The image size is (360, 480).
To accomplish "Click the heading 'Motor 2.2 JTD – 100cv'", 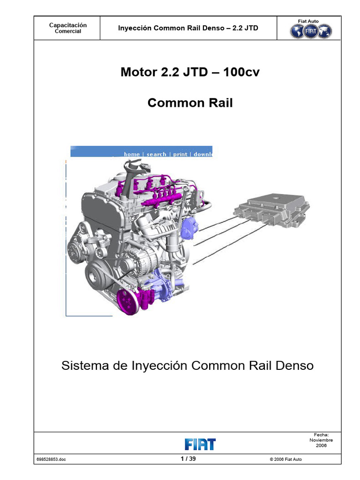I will [x=190, y=72].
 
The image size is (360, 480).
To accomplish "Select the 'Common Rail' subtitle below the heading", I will [x=190, y=103].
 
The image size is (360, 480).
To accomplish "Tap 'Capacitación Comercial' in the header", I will [x=68, y=28].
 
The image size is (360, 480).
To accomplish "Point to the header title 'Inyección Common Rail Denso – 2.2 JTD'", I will [x=187, y=28].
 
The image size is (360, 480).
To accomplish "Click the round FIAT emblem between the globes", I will [x=311, y=31].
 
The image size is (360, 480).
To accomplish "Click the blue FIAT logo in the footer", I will [x=200, y=444].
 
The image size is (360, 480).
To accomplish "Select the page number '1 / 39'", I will [x=188, y=459].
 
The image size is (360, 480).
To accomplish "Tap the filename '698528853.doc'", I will [x=51, y=459].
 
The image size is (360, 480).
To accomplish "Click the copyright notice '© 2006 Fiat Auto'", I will [x=286, y=459].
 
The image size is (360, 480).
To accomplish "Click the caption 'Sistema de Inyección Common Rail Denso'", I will [x=187, y=366].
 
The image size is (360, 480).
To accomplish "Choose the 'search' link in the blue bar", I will [x=156, y=154].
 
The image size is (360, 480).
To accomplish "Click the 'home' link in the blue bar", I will [x=132, y=154].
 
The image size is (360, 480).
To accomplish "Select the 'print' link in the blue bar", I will [x=180, y=154].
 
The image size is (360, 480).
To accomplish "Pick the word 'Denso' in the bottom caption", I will [x=293, y=366].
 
